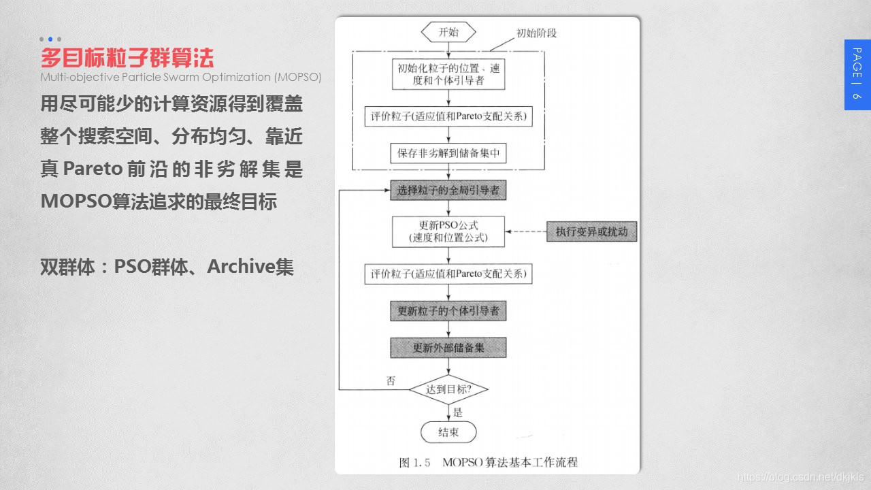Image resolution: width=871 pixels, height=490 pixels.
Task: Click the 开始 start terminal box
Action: pos(448,32)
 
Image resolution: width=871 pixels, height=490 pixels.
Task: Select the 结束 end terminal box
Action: pos(448,432)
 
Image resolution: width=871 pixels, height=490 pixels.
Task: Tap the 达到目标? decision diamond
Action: pos(448,390)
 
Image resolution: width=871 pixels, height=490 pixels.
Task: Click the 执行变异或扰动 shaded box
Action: pos(591,231)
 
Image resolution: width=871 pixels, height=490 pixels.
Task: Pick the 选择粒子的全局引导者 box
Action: pos(448,191)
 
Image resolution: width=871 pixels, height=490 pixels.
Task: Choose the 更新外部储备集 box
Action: pos(448,348)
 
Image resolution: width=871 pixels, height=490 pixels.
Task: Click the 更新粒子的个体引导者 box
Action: pos(448,311)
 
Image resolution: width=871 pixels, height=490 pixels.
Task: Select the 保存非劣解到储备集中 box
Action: pos(448,153)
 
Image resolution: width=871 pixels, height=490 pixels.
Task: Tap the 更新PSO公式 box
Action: pos(448,231)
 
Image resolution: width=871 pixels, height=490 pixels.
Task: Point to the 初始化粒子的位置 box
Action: pos(448,75)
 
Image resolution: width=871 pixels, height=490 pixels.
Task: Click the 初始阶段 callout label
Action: pos(536,33)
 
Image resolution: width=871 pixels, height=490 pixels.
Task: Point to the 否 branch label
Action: pos(391,380)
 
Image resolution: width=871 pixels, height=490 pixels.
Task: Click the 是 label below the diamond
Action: pos(457,412)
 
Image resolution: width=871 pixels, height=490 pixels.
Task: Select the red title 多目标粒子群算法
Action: pos(127,56)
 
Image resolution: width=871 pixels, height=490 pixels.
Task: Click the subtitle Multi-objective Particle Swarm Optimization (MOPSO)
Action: pos(180,77)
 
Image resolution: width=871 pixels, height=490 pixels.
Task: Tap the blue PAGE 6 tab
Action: pos(857,74)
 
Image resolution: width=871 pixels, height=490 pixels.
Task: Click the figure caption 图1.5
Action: pos(415,463)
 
